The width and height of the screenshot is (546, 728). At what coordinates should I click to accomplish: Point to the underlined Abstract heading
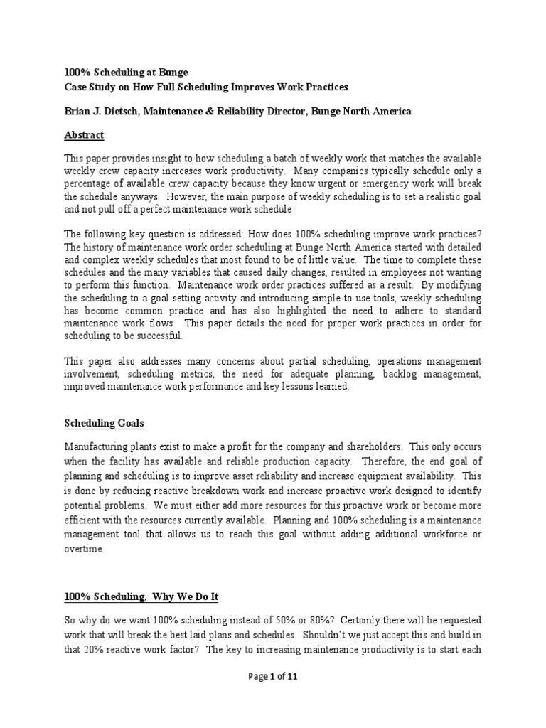pos(84,134)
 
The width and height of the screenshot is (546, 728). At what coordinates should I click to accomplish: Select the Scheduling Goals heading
pos(104,423)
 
